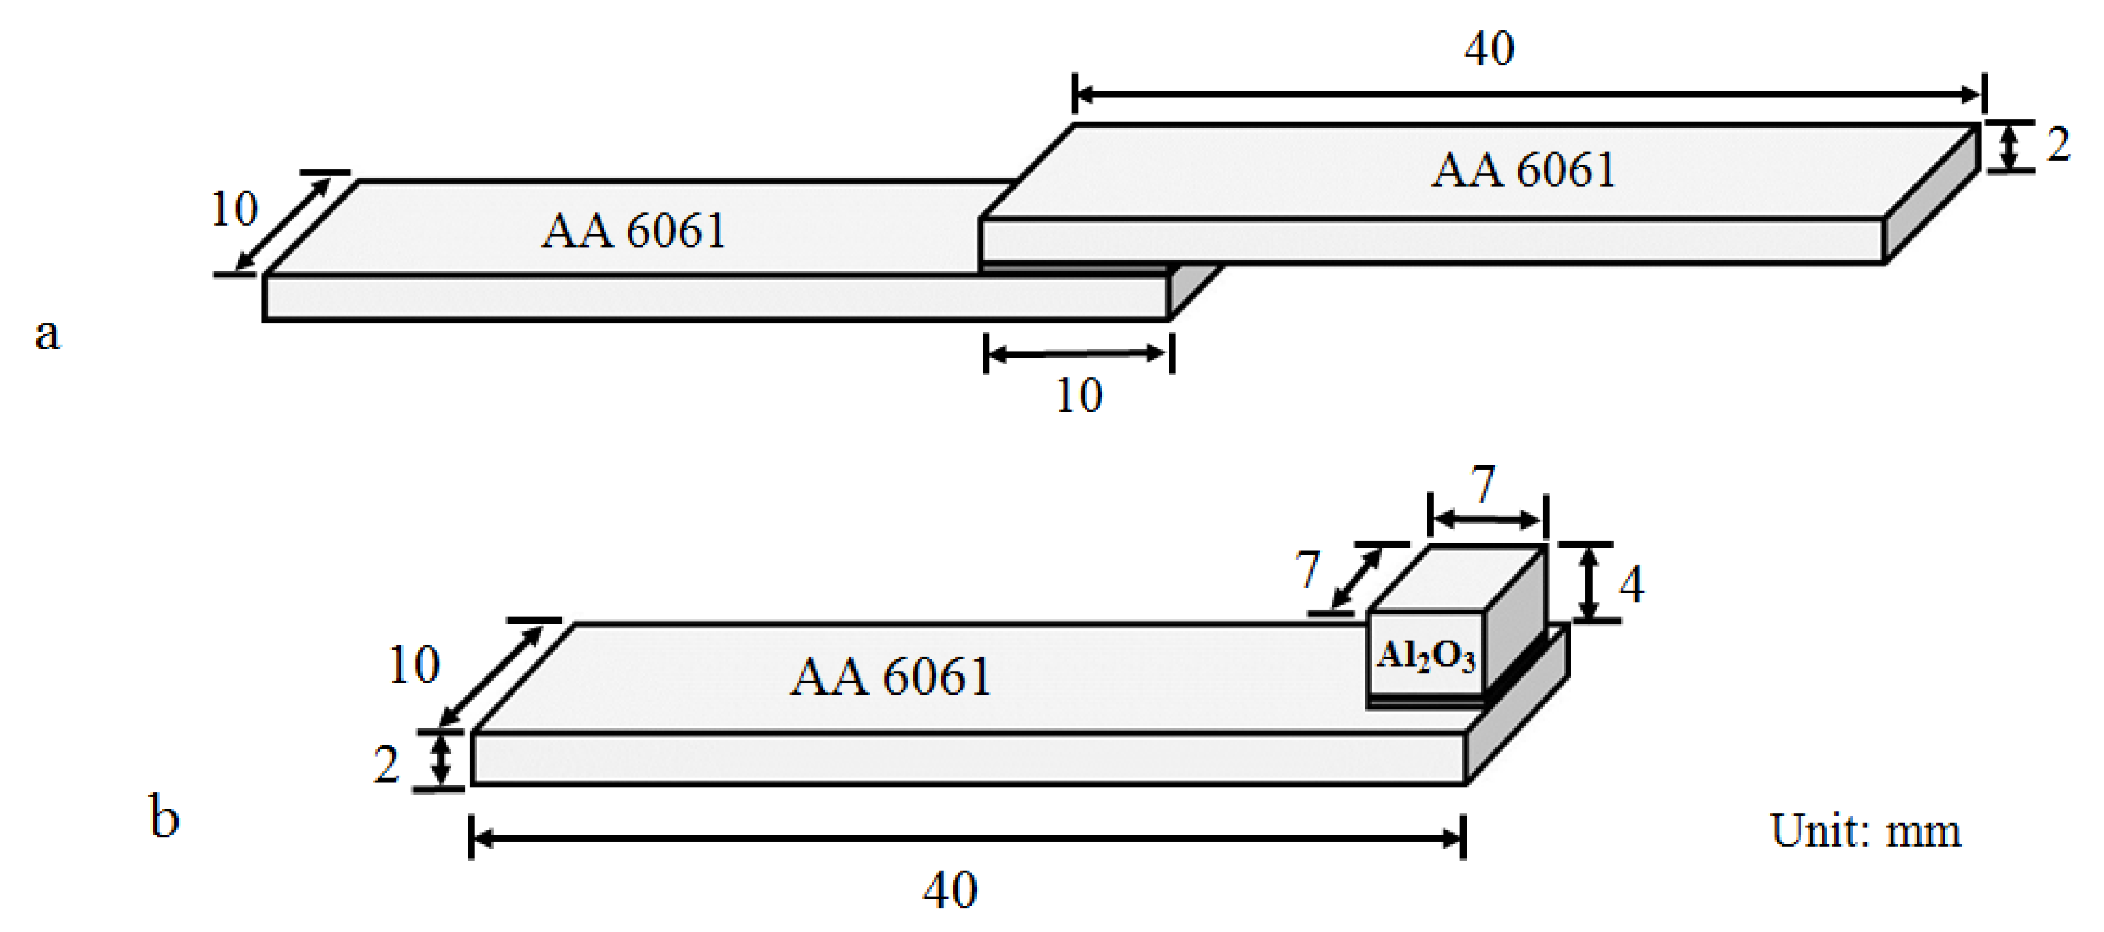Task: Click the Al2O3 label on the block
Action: click(x=1425, y=656)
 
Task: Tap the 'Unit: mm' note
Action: click(x=1864, y=832)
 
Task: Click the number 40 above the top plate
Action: click(x=1488, y=49)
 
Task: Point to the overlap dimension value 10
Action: click(x=1079, y=396)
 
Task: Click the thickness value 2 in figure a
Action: click(x=2057, y=145)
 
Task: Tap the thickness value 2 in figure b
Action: click(x=386, y=765)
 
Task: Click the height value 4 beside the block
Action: click(x=1631, y=585)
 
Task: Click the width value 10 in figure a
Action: click(x=234, y=209)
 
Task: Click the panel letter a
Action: click(x=47, y=334)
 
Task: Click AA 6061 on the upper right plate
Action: click(x=1523, y=171)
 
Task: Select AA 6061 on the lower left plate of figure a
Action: click(x=633, y=231)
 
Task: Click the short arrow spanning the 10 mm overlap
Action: click(x=1078, y=353)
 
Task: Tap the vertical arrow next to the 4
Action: click(x=1588, y=582)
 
